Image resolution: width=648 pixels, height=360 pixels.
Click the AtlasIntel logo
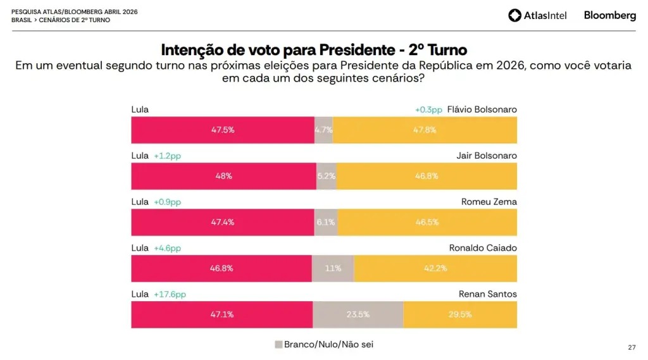(x=537, y=15)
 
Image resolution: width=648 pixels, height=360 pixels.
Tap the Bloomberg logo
(x=609, y=15)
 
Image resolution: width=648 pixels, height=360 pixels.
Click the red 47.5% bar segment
(x=223, y=130)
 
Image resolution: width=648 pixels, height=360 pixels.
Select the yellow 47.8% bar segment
(x=425, y=130)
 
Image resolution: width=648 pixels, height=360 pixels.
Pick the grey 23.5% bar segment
(x=358, y=314)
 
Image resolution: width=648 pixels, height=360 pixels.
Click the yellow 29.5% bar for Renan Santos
(x=460, y=314)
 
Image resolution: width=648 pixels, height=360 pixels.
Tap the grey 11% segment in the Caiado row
(x=333, y=268)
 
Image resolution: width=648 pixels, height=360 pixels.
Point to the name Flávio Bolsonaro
(x=482, y=109)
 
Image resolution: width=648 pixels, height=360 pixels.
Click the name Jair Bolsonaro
(x=487, y=156)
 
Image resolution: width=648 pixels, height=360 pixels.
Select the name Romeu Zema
(x=489, y=202)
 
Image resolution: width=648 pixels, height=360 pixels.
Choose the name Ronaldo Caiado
(x=483, y=248)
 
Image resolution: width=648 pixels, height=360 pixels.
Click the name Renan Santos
(x=487, y=294)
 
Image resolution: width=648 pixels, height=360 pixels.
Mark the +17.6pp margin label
(x=170, y=294)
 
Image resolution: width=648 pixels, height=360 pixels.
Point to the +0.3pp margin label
(x=428, y=109)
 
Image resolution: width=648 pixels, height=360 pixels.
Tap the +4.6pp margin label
(x=167, y=248)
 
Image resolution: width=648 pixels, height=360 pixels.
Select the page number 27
(x=631, y=347)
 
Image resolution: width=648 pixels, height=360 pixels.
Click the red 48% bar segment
(x=223, y=176)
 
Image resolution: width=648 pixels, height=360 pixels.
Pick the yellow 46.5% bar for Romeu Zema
(x=427, y=222)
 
